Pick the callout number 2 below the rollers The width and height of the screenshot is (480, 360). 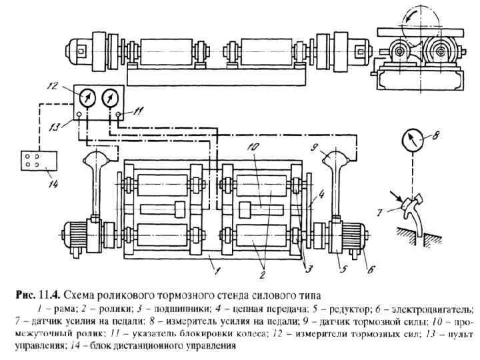point(262,273)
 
